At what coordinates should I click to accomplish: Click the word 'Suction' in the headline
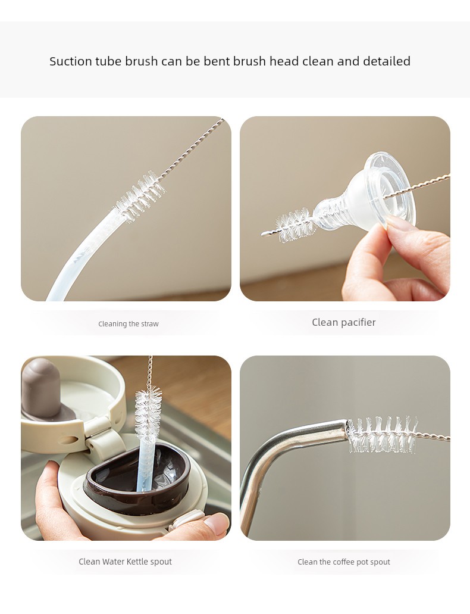[71, 61]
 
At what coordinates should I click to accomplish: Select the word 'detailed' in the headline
[386, 61]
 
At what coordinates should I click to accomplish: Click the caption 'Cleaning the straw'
[129, 324]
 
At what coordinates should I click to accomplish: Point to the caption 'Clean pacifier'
[344, 322]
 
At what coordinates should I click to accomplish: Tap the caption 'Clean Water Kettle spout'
[125, 562]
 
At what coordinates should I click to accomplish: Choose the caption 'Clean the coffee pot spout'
[344, 562]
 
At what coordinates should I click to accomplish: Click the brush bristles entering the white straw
[140, 196]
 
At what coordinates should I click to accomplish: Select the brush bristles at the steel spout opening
[381, 435]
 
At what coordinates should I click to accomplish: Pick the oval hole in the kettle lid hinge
[72, 440]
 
